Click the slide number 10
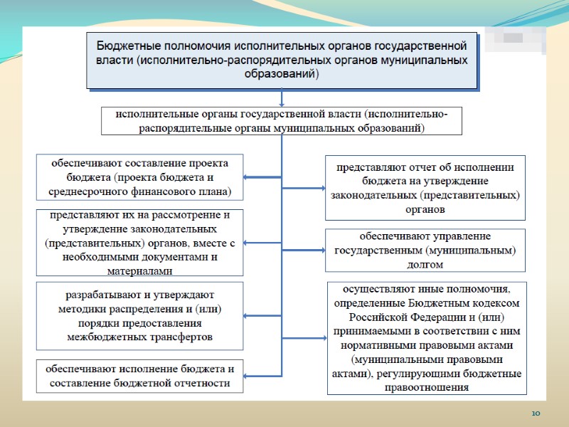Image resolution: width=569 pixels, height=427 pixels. coord(536,413)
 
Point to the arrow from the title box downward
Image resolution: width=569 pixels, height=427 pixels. coord(282,97)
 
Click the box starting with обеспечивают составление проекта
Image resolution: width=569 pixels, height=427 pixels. coord(139,177)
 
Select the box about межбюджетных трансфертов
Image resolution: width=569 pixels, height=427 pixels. coord(139,315)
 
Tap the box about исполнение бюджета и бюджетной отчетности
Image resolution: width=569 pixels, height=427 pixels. coord(139,376)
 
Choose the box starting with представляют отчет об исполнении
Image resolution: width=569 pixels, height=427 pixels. coord(425,188)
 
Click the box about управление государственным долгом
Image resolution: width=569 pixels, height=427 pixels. coord(425,250)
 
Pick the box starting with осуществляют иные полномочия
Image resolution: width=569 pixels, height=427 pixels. coord(427,338)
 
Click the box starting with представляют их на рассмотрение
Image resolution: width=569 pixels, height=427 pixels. coord(139,243)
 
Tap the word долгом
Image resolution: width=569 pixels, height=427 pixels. coord(426,264)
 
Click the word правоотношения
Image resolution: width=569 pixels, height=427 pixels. coord(427,388)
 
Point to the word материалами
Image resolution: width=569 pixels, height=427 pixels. coord(139,271)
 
